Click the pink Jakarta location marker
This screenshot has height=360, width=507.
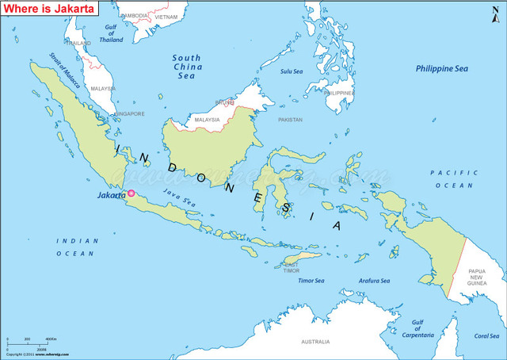[132, 193]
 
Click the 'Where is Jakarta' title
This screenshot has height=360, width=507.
[50, 10]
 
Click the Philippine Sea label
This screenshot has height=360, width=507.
[442, 69]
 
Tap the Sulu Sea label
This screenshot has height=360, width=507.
[292, 71]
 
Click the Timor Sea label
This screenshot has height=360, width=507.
[311, 281]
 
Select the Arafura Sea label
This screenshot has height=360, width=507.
[374, 281]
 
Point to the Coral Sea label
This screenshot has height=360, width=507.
[486, 335]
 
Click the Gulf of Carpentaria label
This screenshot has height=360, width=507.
[417, 329]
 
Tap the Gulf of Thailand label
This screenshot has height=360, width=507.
[112, 33]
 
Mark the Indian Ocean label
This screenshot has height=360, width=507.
[77, 247]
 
